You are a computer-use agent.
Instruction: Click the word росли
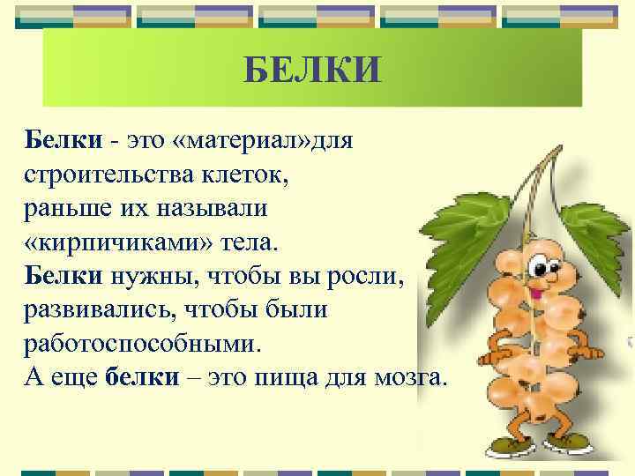pyautogui.click(x=362, y=277)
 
